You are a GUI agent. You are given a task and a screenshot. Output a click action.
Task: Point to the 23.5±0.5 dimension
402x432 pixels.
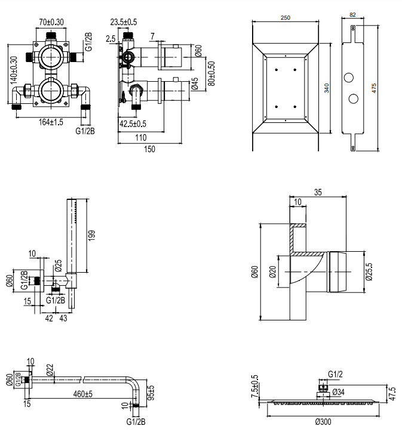point(124,23)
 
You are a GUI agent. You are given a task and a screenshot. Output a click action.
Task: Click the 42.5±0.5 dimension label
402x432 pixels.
point(133,124)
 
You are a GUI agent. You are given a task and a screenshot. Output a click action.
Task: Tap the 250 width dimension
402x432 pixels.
point(286,18)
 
